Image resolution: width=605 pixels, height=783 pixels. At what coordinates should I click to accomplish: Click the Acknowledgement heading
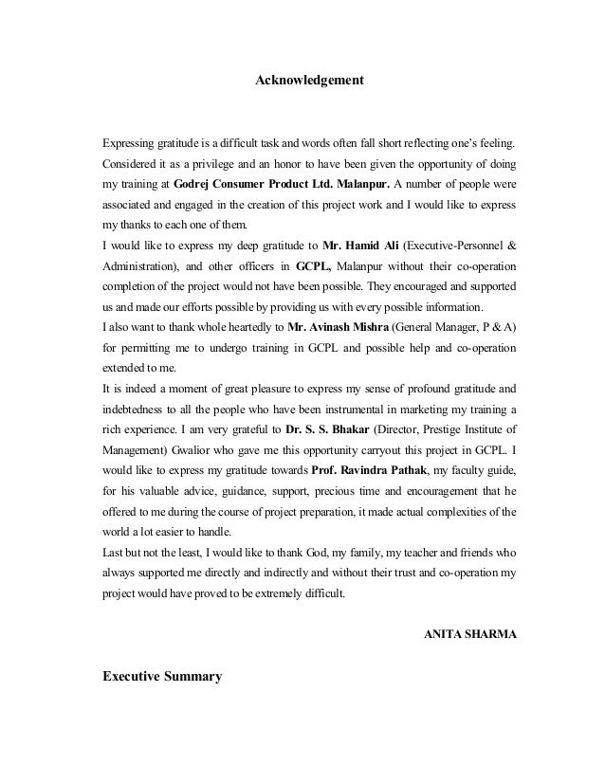click(310, 82)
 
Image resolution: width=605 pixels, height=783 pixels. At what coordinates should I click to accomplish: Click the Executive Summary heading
click(162, 679)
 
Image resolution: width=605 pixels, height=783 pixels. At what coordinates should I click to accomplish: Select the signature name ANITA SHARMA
click(469, 633)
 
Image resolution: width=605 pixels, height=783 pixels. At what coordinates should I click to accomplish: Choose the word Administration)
click(141, 268)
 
